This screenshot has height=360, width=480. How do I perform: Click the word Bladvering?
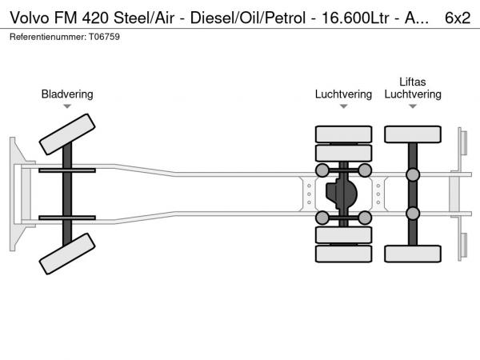click(67, 94)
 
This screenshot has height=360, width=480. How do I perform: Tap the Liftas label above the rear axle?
click(413, 82)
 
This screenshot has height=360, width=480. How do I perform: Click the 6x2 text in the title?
click(457, 17)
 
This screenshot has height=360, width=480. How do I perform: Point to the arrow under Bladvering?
click(67, 106)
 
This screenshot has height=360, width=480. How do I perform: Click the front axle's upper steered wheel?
click(67, 133)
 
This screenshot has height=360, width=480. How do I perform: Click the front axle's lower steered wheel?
click(67, 258)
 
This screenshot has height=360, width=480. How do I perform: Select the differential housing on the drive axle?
click(343, 194)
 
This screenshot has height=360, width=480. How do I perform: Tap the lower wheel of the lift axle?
click(413, 254)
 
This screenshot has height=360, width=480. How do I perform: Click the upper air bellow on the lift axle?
click(413, 175)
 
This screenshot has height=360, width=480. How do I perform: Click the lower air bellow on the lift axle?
click(413, 213)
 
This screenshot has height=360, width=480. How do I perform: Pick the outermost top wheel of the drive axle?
click(343, 134)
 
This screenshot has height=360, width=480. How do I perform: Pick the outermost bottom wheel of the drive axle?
click(343, 254)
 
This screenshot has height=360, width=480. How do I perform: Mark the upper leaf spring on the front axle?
click(67, 171)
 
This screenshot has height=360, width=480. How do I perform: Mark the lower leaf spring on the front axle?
click(67, 218)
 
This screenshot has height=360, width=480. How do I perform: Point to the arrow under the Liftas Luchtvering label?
click(413, 106)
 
